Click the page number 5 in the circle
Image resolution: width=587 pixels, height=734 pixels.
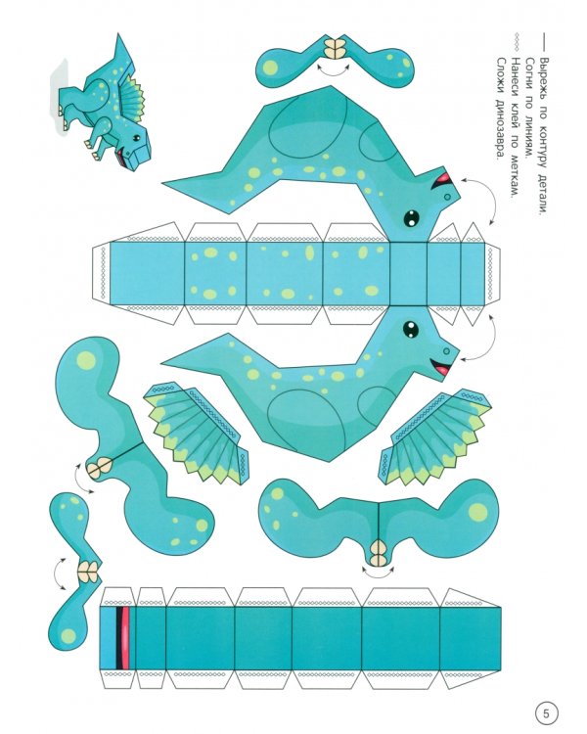pyautogui.click(x=546, y=713)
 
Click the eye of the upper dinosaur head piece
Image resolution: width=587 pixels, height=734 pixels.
pyautogui.click(x=412, y=217)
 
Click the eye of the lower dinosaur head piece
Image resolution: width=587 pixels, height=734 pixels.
pyautogui.click(x=411, y=328)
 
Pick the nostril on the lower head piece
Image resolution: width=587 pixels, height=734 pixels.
pyautogui.click(x=446, y=350)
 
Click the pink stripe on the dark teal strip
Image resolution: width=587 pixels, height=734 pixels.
pyautogui.click(x=125, y=638)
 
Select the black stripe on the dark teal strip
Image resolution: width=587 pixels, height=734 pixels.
pyautogui.click(x=119, y=638)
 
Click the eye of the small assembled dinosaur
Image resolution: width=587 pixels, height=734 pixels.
pyautogui.click(x=136, y=138)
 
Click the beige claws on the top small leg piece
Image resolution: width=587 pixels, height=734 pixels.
pyautogui.click(x=336, y=48)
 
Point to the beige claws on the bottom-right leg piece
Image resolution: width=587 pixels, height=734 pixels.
pyautogui.click(x=379, y=553)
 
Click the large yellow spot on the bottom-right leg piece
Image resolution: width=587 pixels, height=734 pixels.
pyautogui.click(x=477, y=512)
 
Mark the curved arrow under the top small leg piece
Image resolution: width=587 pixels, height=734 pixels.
pyautogui.click(x=334, y=70)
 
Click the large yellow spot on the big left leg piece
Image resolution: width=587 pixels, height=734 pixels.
pyautogui.click(x=86, y=360)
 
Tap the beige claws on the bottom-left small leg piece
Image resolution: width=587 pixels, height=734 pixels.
pyautogui.click(x=88, y=573)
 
